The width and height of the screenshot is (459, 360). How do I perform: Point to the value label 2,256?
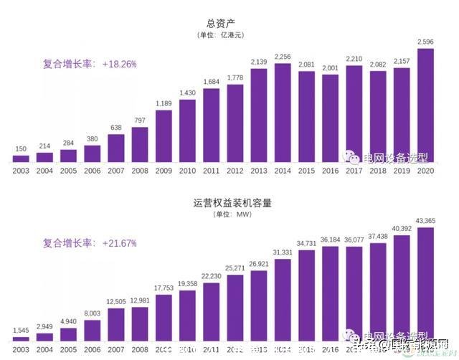pos(283,58)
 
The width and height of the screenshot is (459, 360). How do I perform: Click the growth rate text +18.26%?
pos(119,64)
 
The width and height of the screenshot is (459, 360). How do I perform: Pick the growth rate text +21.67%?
pos(119,243)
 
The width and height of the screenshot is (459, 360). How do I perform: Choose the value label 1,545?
pos(22,331)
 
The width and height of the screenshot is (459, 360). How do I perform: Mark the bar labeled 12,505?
pos(116,323)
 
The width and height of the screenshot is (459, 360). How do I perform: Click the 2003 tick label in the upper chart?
pos(22,170)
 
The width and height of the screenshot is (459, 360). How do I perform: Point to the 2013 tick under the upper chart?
pos(259,170)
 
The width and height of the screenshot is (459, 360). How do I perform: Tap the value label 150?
pos(22,150)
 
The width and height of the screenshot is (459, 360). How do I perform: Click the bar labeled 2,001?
pos(330,118)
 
